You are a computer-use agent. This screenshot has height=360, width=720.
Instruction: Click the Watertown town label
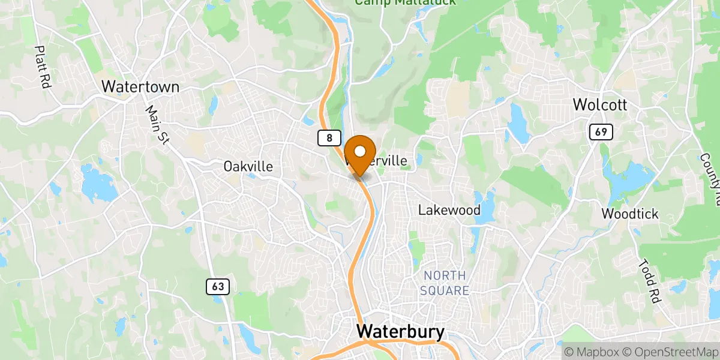[140, 86]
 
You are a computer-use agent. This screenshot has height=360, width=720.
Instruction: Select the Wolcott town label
[599, 105]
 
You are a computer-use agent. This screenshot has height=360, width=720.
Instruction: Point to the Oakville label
[248, 166]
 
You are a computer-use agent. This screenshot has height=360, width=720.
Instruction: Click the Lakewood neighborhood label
[449, 210]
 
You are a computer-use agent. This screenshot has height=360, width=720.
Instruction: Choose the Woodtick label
[630, 214]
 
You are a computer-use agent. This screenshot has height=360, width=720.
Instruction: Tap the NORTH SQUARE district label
[445, 283]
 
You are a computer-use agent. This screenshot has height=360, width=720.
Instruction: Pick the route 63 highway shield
[218, 287]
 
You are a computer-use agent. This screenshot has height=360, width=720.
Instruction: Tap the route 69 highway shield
[601, 132]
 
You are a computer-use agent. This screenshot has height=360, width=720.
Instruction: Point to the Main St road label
[157, 125]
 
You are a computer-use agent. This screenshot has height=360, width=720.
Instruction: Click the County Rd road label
[710, 170]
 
